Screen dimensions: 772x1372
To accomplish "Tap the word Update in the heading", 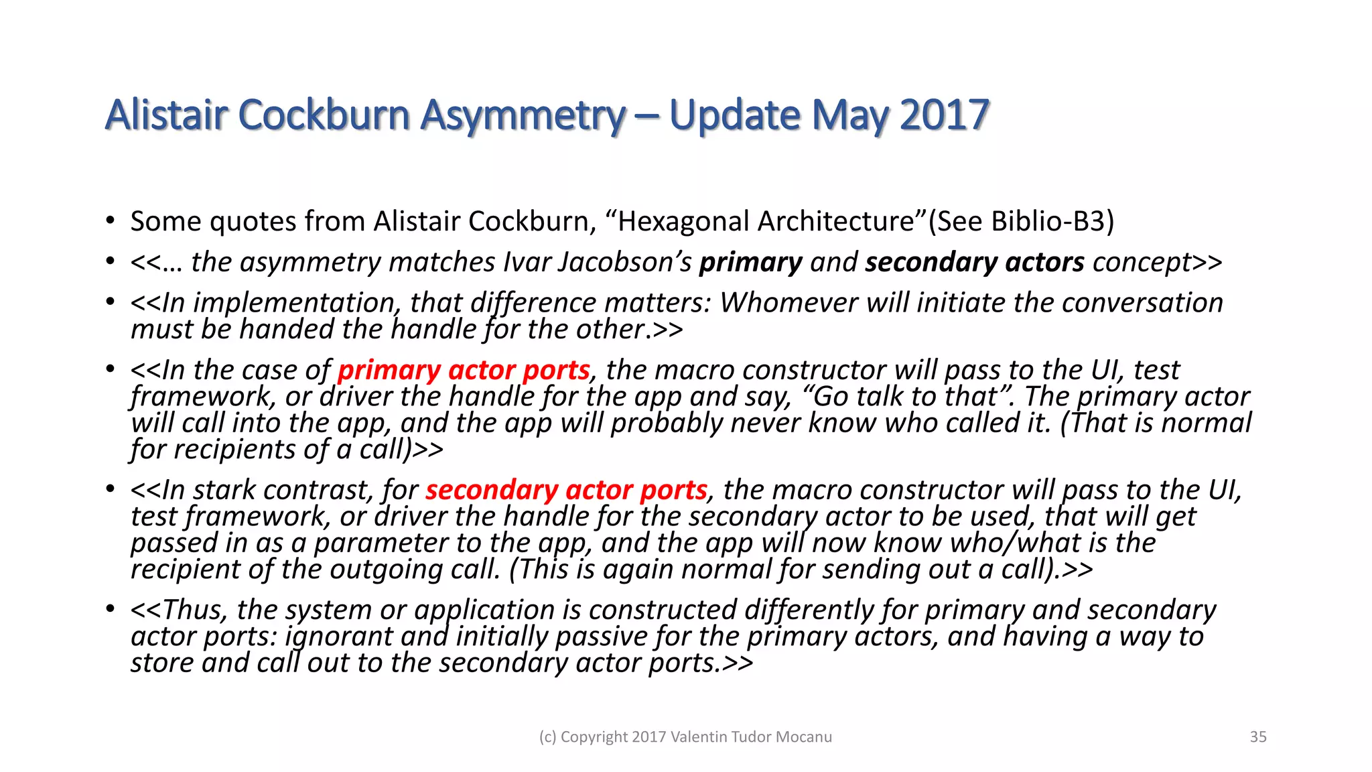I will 734,115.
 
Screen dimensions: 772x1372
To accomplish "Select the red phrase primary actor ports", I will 464,371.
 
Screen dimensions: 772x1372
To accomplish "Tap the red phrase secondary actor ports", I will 566,491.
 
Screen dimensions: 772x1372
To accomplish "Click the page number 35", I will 1258,737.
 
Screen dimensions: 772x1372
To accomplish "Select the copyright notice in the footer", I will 685,737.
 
